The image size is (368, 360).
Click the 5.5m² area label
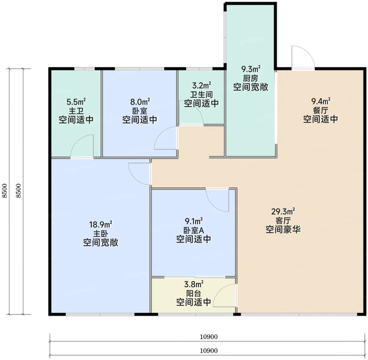click(x=76, y=102)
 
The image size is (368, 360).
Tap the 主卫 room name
click(x=76, y=111)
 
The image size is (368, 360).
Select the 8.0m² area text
click(x=140, y=102)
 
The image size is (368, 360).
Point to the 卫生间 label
click(x=201, y=94)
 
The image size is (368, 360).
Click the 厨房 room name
click(x=250, y=78)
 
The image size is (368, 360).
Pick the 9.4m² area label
click(x=321, y=101)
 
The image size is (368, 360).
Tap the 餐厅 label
click(x=321, y=110)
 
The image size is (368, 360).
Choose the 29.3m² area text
click(x=283, y=211)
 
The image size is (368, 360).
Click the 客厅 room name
click(x=283, y=220)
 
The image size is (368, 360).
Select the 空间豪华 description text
click(x=283, y=229)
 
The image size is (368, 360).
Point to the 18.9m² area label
click(x=100, y=225)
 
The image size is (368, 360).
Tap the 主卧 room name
click(x=100, y=234)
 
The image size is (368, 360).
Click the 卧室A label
click(x=194, y=230)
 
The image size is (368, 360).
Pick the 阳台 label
click(x=194, y=293)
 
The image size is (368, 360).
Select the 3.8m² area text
click(x=194, y=284)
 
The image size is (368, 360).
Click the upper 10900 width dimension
click(x=209, y=337)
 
